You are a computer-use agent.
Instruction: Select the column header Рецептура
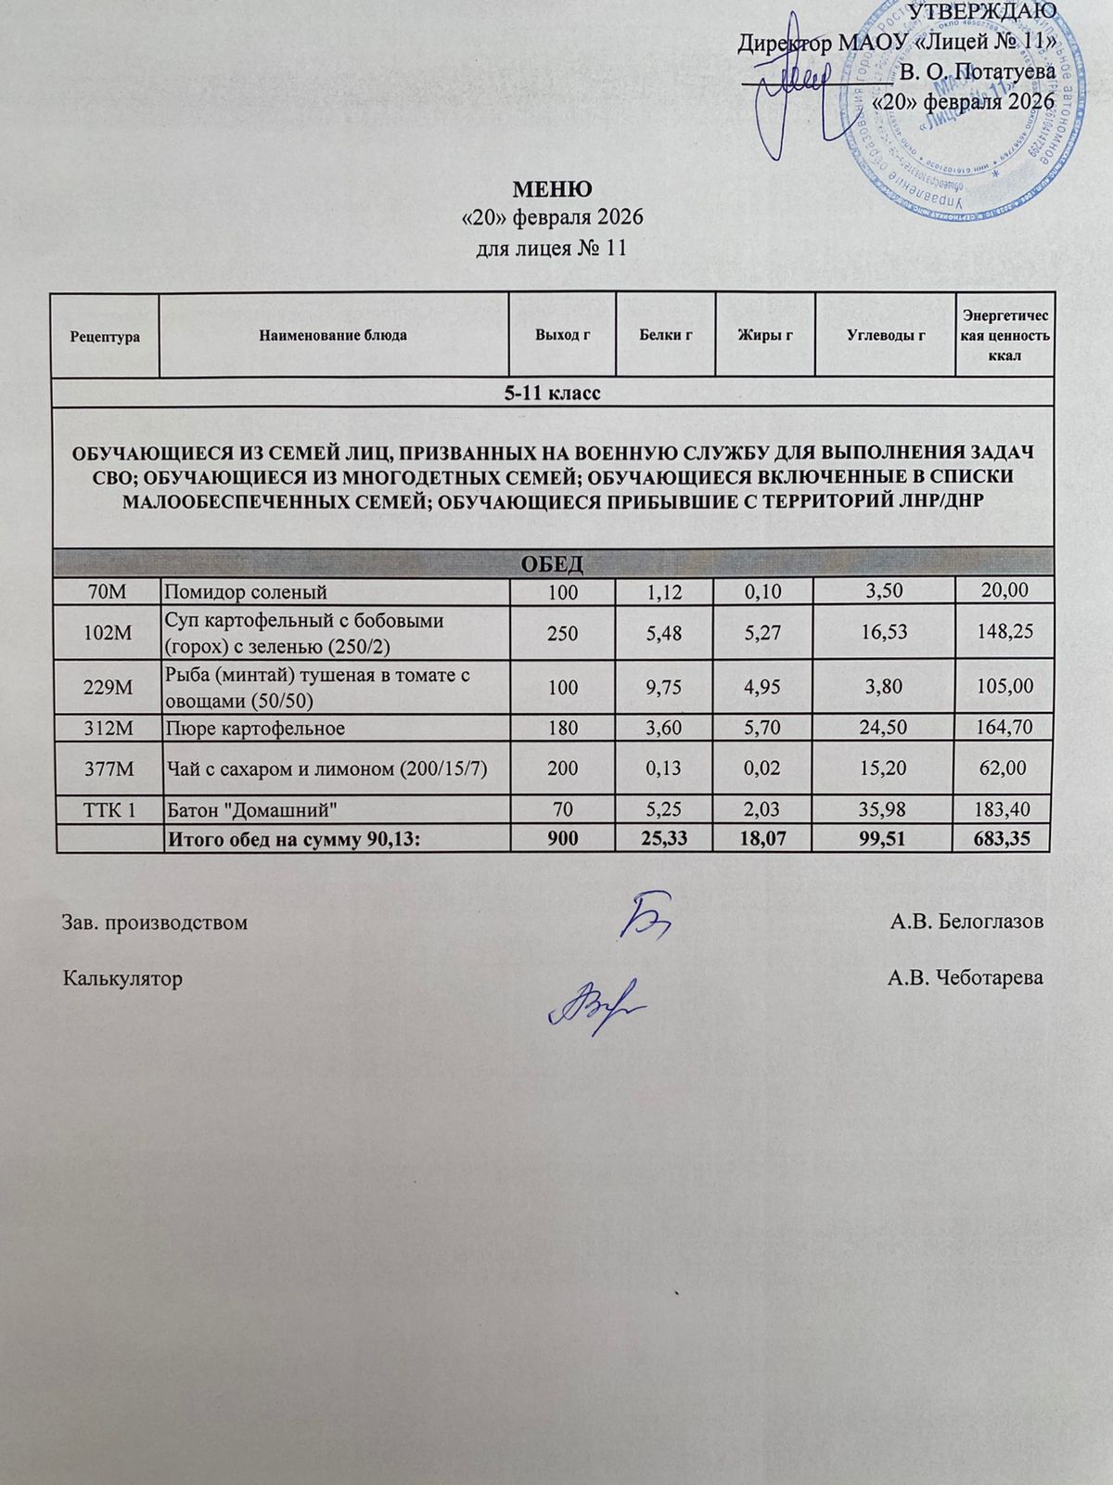[105, 336]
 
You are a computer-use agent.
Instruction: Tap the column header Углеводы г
[886, 335]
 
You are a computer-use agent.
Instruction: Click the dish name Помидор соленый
[246, 591]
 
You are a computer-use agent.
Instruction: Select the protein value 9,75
[665, 687]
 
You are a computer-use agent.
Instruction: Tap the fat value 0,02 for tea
[764, 768]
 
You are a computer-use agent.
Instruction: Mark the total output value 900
[562, 840]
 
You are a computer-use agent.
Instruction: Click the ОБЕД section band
[553, 562]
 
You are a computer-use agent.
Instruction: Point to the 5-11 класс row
[553, 394]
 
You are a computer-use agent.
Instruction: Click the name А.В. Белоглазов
[966, 923]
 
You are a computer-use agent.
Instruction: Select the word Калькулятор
[122, 978]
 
